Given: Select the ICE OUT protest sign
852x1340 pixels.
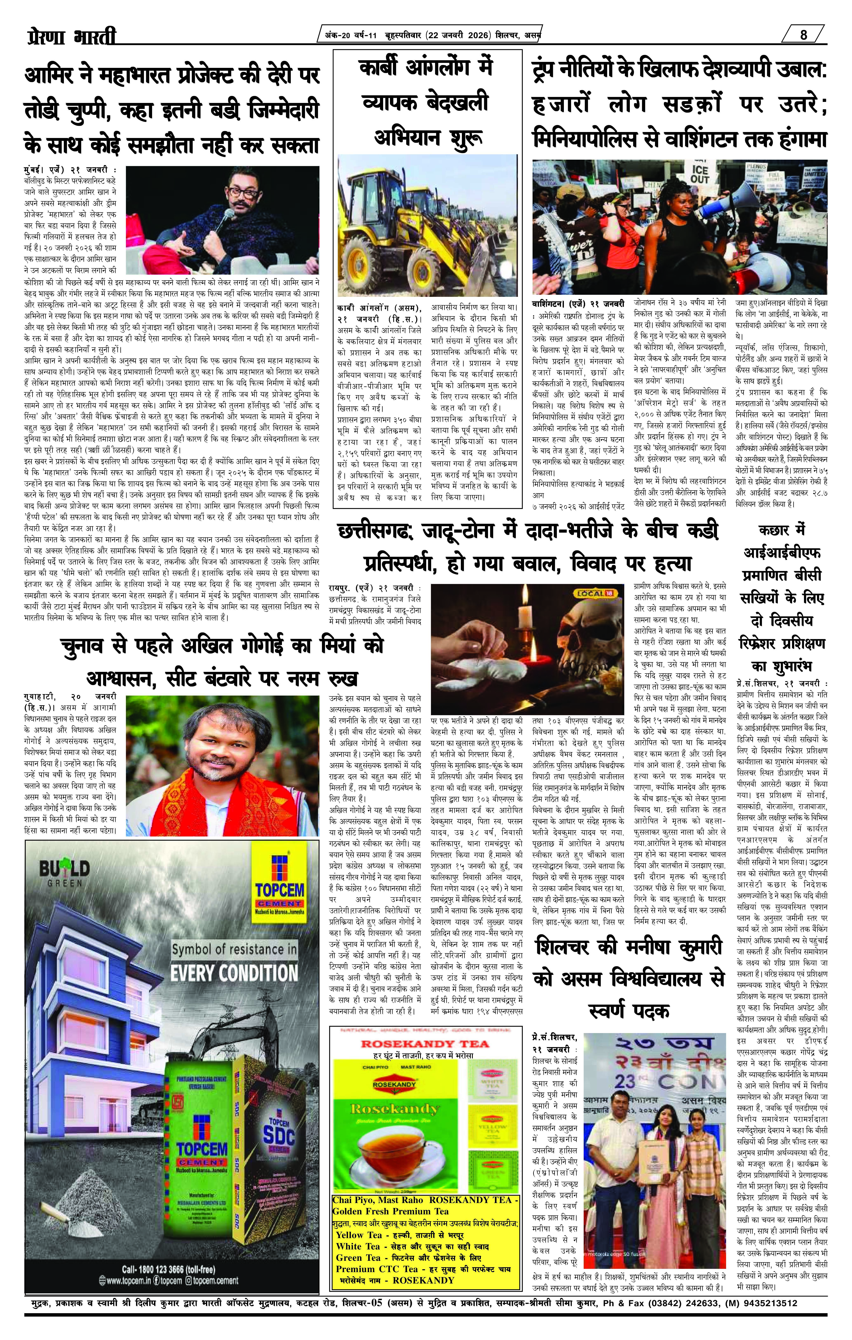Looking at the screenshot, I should pyautogui.click(x=700, y=174).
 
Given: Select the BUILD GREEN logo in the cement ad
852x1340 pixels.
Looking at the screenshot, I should pyautogui.click(x=64, y=870).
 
